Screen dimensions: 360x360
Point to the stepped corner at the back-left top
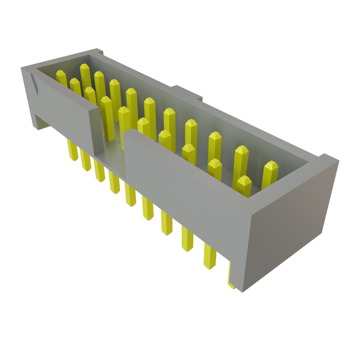click(x=99, y=53)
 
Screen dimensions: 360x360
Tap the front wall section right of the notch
click(x=183, y=183)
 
